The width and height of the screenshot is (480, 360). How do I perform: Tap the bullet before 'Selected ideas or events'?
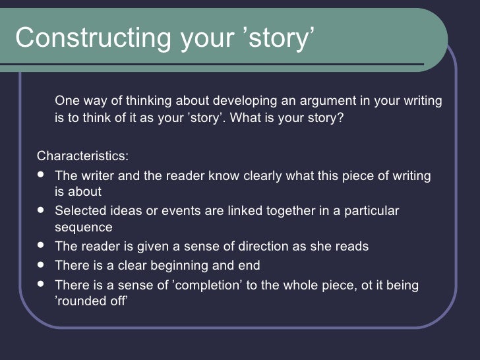pos(43,211)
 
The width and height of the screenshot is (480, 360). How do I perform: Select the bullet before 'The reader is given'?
pos(43,247)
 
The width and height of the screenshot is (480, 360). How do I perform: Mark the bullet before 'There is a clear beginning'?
pos(43,265)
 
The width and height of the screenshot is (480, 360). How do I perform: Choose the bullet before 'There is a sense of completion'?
pos(43,284)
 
